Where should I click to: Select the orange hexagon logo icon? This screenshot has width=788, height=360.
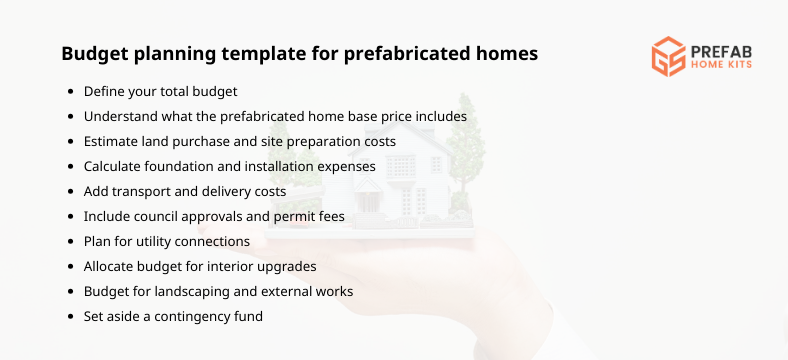tap(668, 57)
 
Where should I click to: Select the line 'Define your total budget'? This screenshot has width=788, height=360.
tap(160, 91)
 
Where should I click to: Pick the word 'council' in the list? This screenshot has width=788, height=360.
tap(165, 216)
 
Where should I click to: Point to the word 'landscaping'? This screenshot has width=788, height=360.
tap(184, 291)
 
